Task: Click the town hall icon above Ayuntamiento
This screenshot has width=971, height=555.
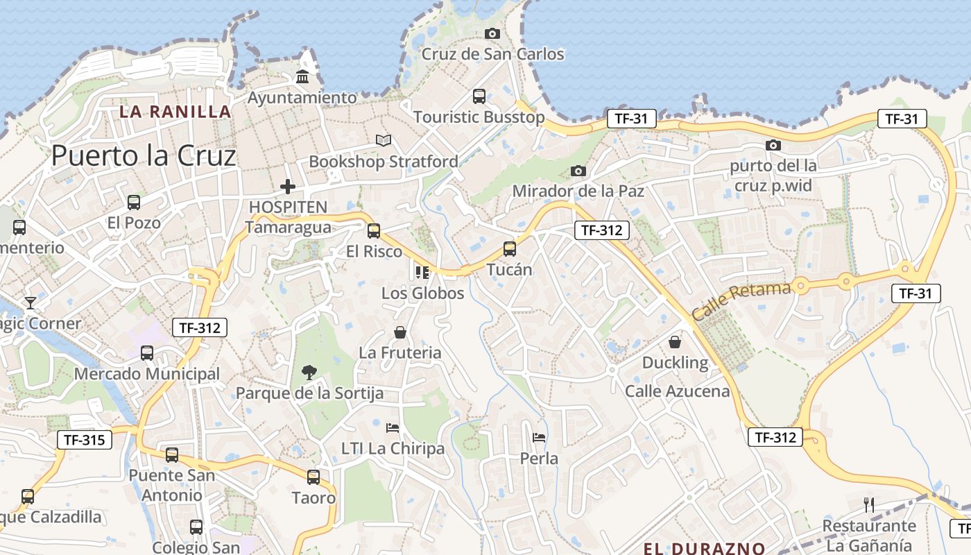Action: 302,76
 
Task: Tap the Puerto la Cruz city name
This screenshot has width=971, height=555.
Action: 144,156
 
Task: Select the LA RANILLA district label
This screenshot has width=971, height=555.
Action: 175,112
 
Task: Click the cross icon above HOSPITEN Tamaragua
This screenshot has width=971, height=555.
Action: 287,187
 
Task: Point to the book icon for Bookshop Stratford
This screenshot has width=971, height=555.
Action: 384,140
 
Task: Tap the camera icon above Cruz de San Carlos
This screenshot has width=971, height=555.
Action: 492,33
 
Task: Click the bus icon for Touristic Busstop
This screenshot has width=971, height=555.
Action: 479,96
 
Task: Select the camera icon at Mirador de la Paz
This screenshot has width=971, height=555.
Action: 578,171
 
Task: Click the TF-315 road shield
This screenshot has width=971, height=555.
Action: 84,439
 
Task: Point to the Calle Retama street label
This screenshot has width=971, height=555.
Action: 741,300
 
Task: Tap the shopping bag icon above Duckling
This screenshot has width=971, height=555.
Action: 675,342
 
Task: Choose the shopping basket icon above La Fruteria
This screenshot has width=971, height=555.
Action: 400,332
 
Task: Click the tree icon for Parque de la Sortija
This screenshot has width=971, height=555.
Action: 309,373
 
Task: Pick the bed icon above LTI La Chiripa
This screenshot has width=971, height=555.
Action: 393,427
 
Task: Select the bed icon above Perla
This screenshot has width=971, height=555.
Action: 539,438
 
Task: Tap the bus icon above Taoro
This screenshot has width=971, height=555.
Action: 313,477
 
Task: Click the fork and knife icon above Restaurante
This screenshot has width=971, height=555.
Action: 868,504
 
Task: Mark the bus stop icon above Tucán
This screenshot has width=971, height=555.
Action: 510,248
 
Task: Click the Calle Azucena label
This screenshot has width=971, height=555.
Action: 677,391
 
